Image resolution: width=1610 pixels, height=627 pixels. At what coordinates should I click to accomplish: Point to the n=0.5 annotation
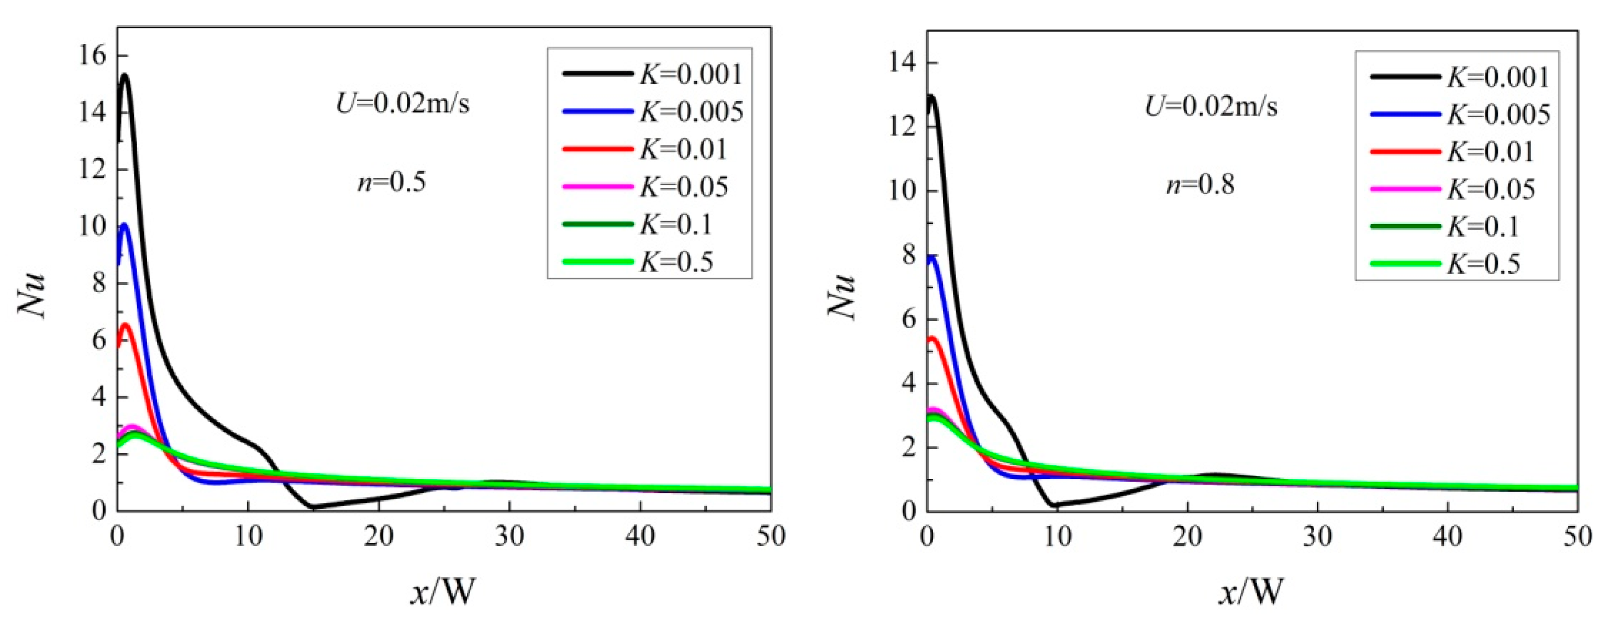pos(391,182)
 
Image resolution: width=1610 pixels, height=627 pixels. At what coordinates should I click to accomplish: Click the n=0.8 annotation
pos(1200,185)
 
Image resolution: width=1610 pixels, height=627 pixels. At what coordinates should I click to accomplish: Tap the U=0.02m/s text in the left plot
pos(403,104)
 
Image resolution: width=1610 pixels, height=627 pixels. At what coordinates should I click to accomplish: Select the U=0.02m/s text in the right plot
pos(1211,106)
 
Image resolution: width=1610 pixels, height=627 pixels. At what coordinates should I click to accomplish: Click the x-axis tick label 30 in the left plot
pos(509,536)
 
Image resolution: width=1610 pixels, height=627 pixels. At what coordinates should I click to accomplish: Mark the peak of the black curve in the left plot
pos(125,75)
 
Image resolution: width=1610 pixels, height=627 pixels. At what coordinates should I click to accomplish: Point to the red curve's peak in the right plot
pos(932,338)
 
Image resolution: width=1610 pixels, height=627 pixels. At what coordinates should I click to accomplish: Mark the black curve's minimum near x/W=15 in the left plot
pos(311,507)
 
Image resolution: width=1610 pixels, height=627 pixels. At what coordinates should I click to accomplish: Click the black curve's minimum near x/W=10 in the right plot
pos(1055,505)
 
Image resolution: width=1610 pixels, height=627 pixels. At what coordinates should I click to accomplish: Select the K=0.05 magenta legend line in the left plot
pos(597,187)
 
